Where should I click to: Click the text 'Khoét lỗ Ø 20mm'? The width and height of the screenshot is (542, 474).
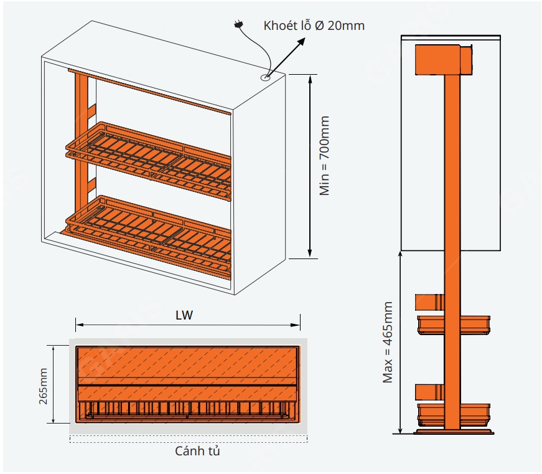click(x=314, y=26)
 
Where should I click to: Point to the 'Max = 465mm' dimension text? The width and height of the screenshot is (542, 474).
click(x=388, y=343)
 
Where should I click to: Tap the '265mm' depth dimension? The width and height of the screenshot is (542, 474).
click(x=44, y=385)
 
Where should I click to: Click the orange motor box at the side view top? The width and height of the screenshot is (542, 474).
click(x=437, y=59)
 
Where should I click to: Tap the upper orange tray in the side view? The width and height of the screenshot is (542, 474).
click(x=453, y=325)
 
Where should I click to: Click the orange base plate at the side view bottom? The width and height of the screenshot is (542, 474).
click(x=452, y=430)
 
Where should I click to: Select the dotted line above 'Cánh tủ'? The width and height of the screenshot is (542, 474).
click(x=189, y=440)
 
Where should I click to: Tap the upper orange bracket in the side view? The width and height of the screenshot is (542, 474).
click(x=429, y=301)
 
